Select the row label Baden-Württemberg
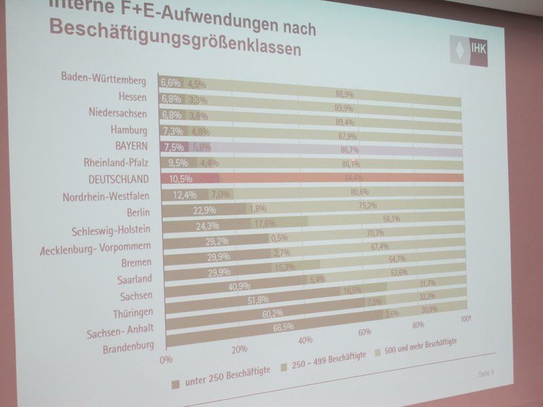104,79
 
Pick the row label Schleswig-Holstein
113,229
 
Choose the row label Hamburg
129,129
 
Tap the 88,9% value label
344,94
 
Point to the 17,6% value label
265,223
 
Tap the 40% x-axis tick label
305,340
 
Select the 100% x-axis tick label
466,318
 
